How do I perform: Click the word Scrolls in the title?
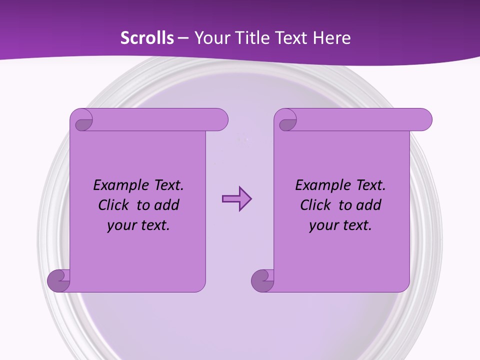click(x=147, y=37)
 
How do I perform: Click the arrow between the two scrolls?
click(x=236, y=199)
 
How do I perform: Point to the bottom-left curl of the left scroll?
click(x=59, y=281)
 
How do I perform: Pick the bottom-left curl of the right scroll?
click(x=263, y=281)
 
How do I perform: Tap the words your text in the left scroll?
click(x=138, y=225)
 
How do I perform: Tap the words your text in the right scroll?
click(x=340, y=225)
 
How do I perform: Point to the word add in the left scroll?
click(x=167, y=205)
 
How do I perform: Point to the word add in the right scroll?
click(x=369, y=205)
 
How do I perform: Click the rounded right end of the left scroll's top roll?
click(x=220, y=120)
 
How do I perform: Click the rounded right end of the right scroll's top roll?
click(x=424, y=120)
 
